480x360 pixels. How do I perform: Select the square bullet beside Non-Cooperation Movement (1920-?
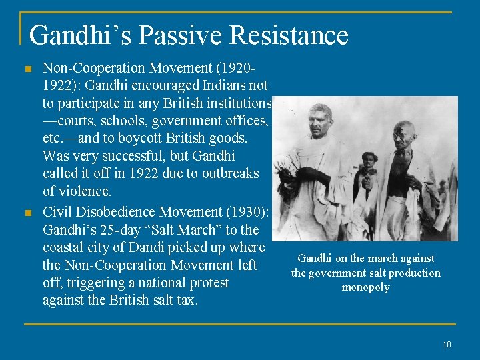27,68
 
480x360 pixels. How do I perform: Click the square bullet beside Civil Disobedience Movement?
27,213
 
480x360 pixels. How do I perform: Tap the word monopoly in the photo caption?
365,287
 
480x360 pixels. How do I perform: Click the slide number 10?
447,344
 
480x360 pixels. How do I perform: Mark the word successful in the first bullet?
127,156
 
